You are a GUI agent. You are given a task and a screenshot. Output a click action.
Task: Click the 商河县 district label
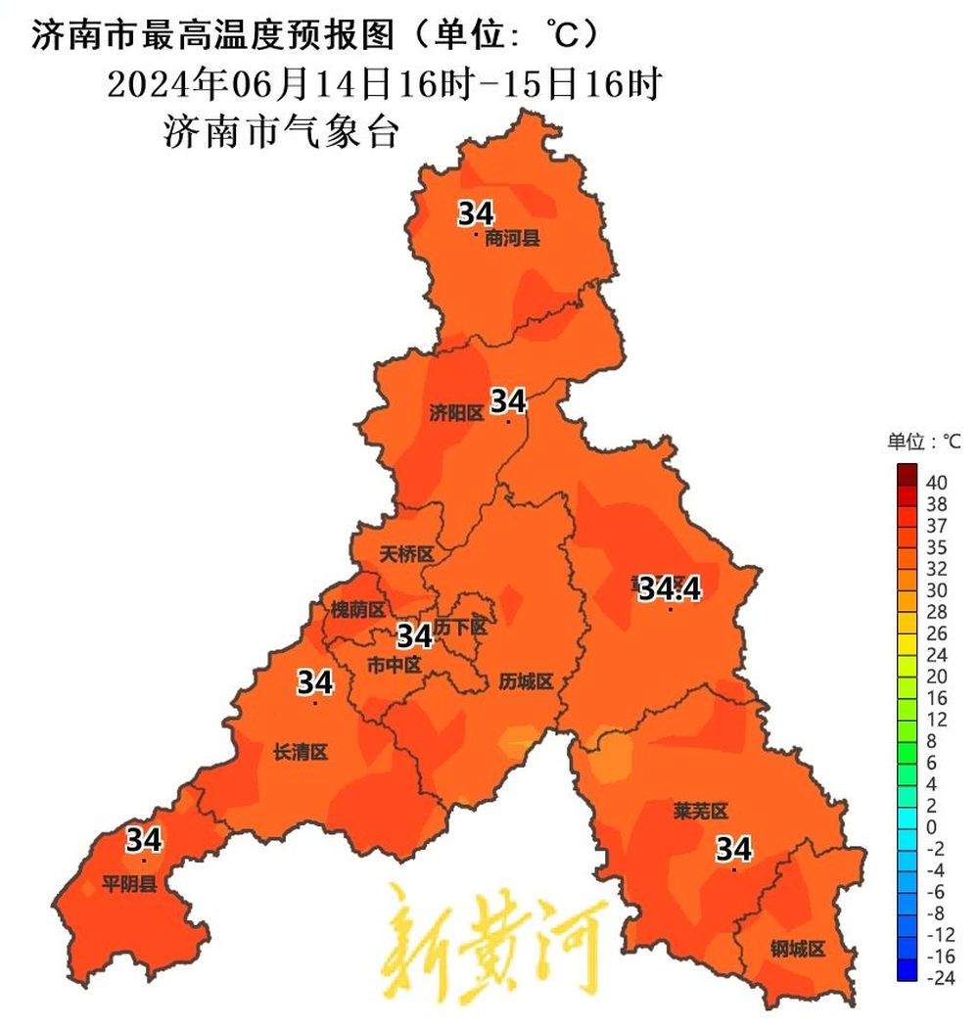click(x=512, y=238)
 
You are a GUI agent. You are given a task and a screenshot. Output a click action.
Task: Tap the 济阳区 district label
click(x=456, y=413)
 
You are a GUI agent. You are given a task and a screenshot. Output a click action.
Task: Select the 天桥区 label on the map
click(x=406, y=554)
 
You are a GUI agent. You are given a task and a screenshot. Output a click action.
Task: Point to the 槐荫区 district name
click(x=357, y=609)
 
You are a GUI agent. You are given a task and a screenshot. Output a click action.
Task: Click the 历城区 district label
click(x=526, y=681)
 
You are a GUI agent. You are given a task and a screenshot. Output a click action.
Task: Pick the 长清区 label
click(x=300, y=752)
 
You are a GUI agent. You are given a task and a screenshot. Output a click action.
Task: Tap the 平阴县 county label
click(x=129, y=886)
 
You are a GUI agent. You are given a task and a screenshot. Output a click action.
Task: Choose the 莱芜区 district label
click(x=701, y=811)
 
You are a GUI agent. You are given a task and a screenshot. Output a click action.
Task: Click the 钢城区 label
click(x=798, y=949)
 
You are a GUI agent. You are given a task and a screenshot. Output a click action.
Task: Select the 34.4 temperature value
click(x=671, y=588)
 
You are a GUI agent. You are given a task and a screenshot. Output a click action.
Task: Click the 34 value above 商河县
click(x=477, y=213)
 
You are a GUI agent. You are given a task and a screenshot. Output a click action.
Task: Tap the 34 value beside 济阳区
click(x=508, y=400)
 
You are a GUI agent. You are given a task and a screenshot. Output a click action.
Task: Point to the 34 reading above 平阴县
click(x=144, y=839)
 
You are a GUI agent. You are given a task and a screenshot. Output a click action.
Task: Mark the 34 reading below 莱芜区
click(x=733, y=848)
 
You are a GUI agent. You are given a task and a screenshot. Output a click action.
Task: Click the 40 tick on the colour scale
click(x=936, y=483)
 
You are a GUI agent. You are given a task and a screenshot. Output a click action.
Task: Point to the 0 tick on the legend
click(x=931, y=826)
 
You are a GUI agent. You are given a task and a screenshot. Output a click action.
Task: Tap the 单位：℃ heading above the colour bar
click(x=924, y=442)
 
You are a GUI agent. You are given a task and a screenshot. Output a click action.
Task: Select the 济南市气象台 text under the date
click(x=281, y=131)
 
